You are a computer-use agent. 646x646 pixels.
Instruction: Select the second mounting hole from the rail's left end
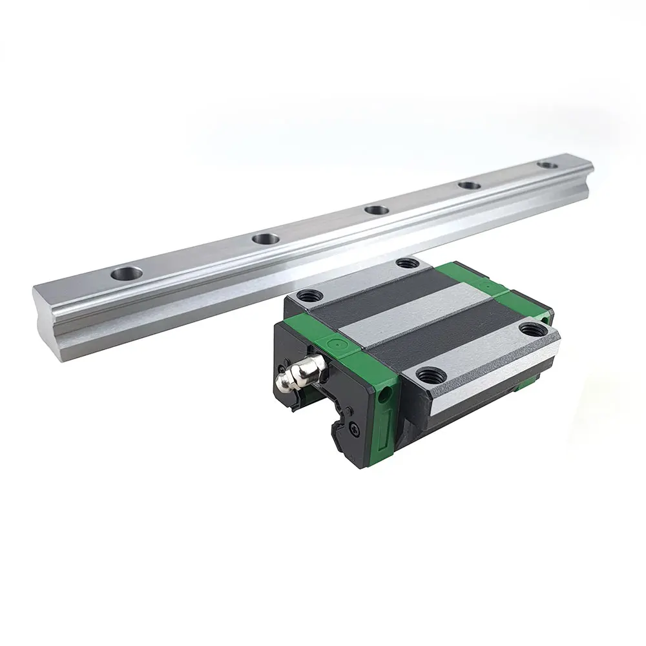pos(266,239)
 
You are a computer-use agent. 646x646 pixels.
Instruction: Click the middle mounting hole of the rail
pos(375,210)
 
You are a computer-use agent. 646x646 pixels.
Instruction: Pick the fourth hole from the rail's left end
pos(470,186)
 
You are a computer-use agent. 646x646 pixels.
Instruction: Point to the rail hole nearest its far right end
pos(548,166)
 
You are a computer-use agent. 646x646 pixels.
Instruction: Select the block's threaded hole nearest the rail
pos(406,263)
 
